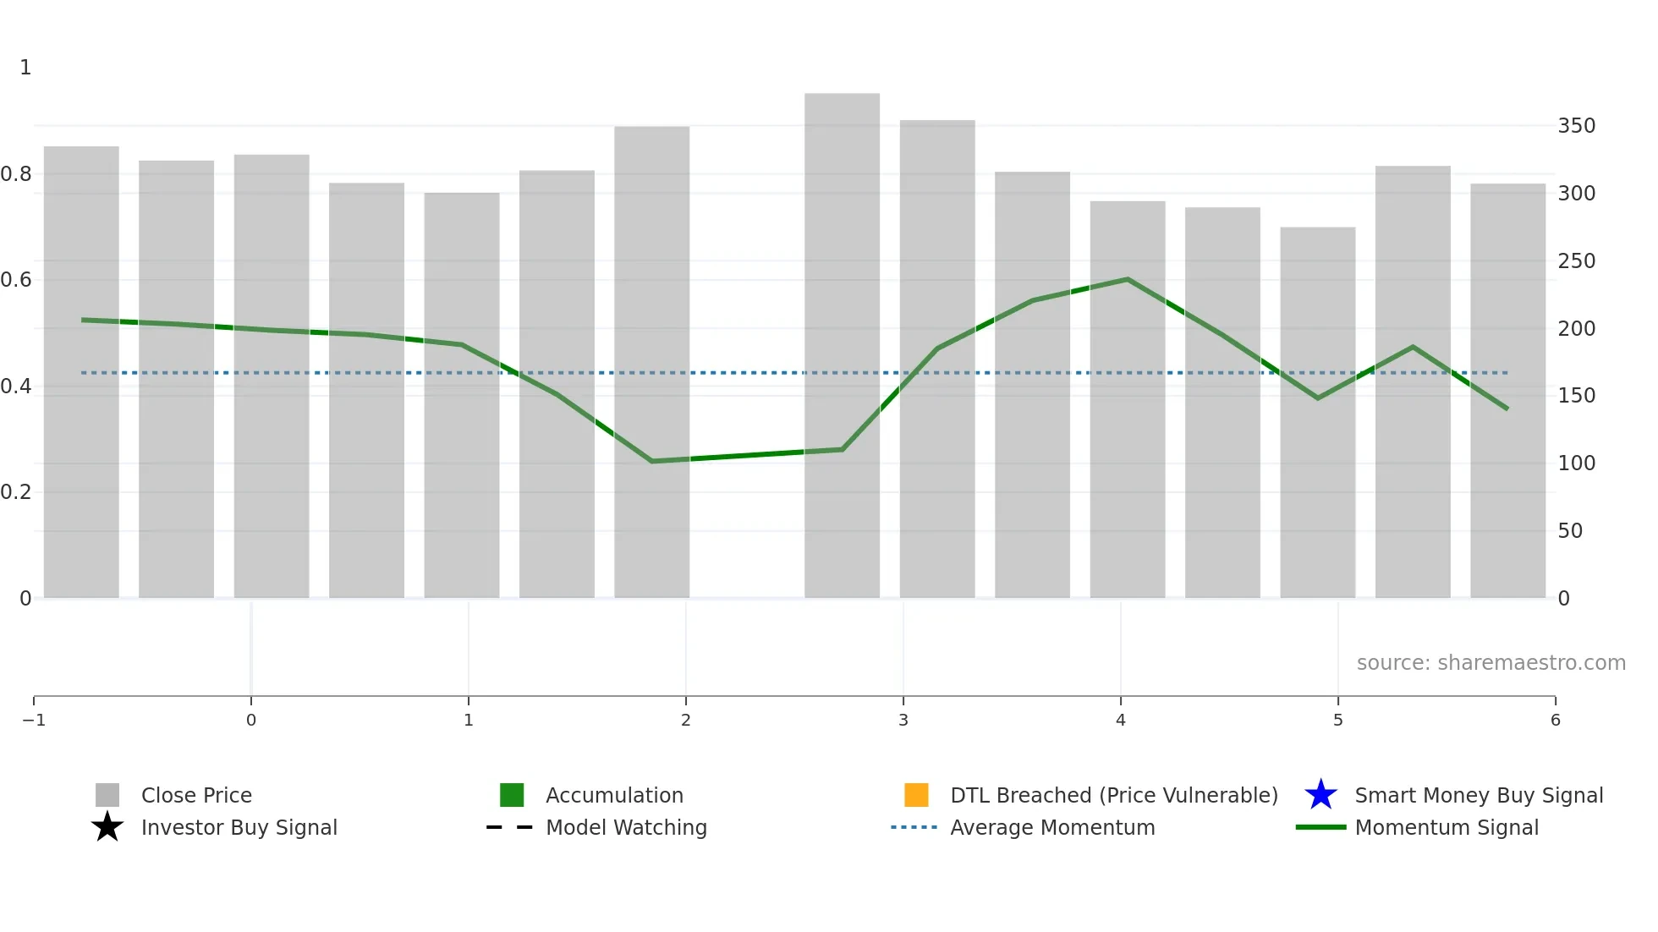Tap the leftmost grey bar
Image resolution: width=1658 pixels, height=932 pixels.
[x=81, y=372]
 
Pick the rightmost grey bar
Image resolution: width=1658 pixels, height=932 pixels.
[x=1507, y=389]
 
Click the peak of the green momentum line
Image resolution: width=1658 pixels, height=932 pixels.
[x=1128, y=279]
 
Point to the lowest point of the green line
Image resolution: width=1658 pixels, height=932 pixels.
[x=651, y=461]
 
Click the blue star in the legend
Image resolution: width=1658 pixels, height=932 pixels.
[x=1320, y=795]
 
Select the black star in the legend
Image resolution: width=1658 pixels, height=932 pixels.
[x=107, y=827]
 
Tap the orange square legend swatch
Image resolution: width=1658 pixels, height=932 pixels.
[x=916, y=795]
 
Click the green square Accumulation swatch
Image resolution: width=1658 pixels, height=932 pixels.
[x=512, y=795]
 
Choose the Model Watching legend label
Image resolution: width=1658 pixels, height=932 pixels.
[x=626, y=827]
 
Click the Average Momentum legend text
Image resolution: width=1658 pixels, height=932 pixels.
[x=1052, y=827]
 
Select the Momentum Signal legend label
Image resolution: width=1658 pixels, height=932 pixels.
[x=1447, y=827]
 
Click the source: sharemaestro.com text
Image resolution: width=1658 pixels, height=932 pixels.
[x=1491, y=663]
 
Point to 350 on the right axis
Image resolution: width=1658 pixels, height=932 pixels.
[x=1576, y=126]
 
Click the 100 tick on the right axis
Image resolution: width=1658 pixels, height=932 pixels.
[x=1576, y=463]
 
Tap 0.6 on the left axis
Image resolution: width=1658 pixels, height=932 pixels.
[x=16, y=280]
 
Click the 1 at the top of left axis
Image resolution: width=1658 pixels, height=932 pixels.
[x=25, y=68]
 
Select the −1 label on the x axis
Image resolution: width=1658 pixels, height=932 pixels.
[x=34, y=720]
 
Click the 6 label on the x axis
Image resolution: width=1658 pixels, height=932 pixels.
[x=1555, y=720]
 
